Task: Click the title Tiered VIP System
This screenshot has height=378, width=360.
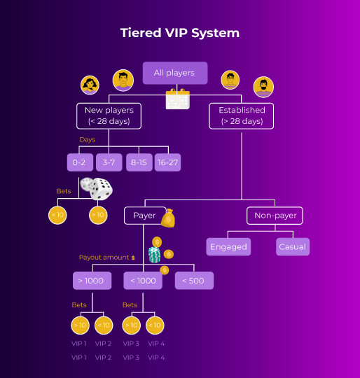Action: tap(180, 33)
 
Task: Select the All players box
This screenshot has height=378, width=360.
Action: tap(174, 73)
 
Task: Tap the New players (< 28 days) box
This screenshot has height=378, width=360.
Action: tap(109, 115)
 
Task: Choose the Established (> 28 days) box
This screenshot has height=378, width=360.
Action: tap(242, 115)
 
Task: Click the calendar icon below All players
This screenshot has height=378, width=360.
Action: tap(177, 99)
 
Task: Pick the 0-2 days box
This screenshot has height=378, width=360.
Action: tap(79, 162)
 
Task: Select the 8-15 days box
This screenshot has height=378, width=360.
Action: tap(139, 162)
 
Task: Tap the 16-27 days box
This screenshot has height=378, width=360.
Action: tap(167, 162)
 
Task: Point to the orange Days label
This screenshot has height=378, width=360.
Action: tap(87, 140)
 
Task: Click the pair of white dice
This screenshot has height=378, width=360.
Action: tap(96, 188)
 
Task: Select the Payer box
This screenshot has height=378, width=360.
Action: tap(144, 216)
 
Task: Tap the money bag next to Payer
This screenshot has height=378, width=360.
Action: tap(167, 218)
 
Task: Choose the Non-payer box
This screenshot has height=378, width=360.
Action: tap(274, 216)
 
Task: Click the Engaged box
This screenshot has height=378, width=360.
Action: tap(228, 246)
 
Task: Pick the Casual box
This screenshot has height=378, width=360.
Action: tap(292, 246)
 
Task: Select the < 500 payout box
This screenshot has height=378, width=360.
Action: tap(194, 281)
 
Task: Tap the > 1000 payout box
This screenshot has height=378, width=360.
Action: tap(92, 281)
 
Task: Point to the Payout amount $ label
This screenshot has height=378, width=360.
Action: tap(107, 258)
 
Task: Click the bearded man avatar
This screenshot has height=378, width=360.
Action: tap(263, 87)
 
